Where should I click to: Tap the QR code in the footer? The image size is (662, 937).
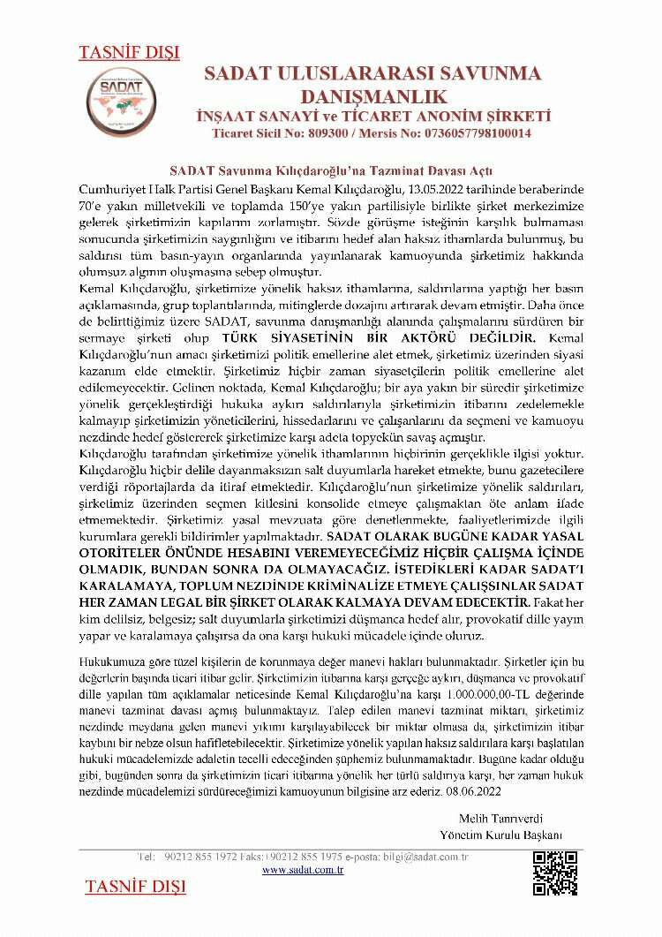pos(555,873)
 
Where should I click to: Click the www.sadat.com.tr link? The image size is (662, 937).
pos(303,870)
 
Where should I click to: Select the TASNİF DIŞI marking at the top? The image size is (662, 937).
pos(129,52)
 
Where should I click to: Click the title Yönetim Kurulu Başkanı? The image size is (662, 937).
pos(501,835)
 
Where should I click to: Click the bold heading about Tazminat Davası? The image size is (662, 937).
pos(331,170)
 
